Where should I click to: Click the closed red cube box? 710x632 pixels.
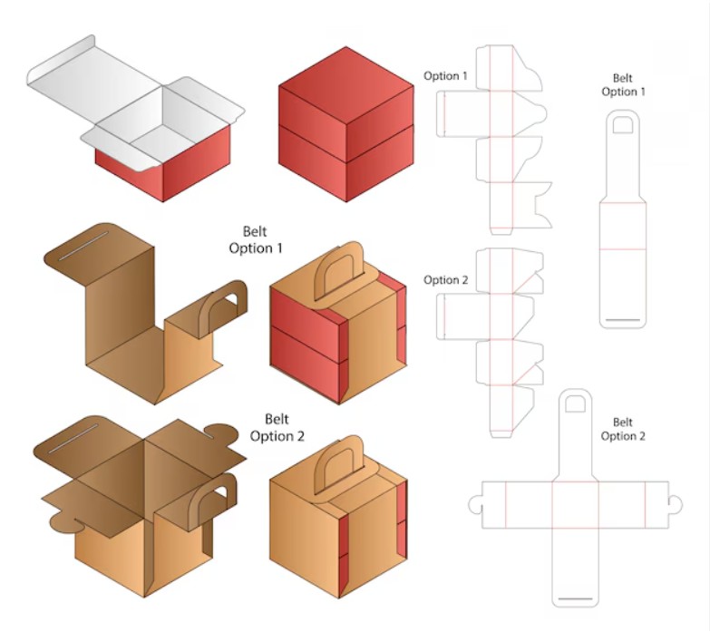click(x=346, y=125)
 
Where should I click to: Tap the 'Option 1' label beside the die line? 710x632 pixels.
click(x=445, y=76)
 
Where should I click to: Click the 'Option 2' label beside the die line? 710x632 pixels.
click(x=445, y=280)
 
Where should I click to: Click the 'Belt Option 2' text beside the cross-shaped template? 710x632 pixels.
click(x=623, y=429)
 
